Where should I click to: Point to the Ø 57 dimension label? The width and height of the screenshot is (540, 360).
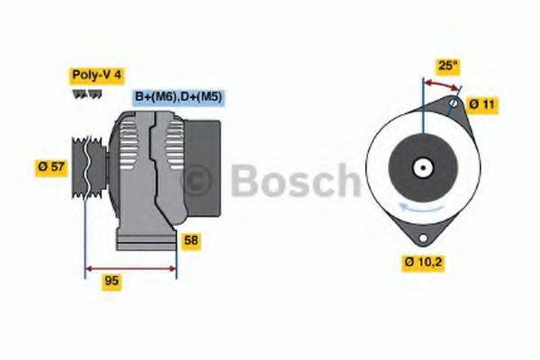coord(51,166)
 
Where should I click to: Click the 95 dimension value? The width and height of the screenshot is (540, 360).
coord(112,281)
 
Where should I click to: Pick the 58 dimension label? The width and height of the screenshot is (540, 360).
coord(191,240)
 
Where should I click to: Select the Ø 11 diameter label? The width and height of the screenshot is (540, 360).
coord(482,104)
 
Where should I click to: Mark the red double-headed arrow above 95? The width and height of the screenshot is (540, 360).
coord(130,267)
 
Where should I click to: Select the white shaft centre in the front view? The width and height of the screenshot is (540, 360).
coord(420,167)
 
